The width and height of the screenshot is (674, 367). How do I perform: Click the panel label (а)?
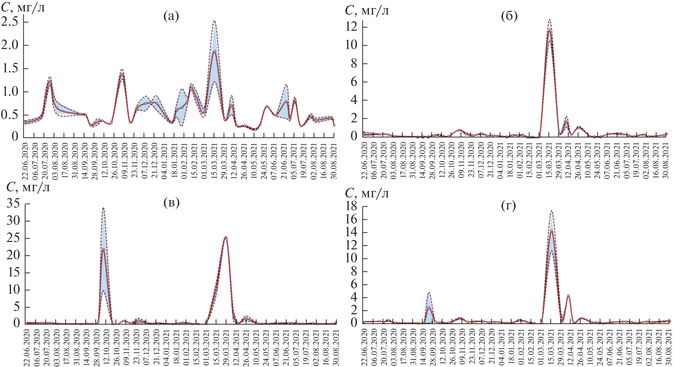(171, 16)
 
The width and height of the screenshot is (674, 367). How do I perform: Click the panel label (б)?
(509, 16)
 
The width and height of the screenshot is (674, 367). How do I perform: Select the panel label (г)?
(509, 205)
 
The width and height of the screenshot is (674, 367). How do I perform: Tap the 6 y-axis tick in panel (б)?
(354, 82)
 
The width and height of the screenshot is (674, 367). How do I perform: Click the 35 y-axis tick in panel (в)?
(14, 203)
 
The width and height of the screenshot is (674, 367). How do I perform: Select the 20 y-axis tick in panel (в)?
(14, 255)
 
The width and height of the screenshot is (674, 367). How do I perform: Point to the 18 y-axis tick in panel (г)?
(352, 206)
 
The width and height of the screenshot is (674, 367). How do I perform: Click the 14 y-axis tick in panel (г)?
(352, 233)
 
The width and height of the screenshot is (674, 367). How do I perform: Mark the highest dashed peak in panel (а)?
(214, 21)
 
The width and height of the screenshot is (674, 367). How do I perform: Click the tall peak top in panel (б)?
(550, 20)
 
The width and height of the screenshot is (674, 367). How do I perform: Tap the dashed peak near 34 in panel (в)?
(103, 208)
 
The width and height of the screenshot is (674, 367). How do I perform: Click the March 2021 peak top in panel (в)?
(226, 237)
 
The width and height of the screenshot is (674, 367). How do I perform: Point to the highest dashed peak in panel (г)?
(551, 211)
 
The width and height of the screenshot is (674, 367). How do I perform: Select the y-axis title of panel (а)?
(23, 7)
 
